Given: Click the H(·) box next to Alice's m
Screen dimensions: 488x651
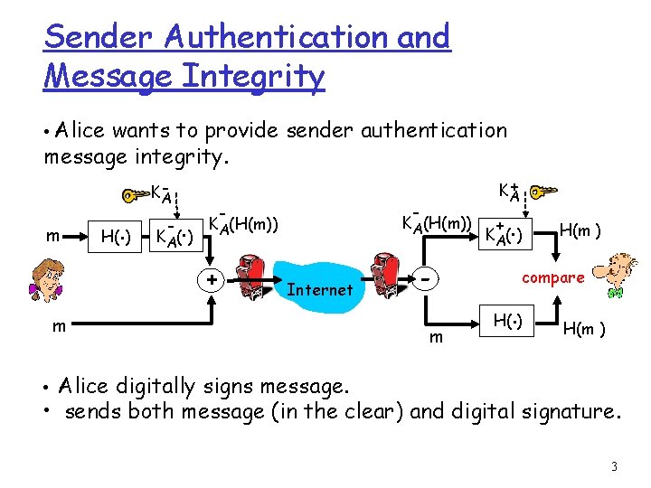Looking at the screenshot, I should pos(114,237).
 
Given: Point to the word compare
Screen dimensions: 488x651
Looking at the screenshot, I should pos(552,277).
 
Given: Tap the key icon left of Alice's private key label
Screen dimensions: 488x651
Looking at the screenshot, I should pos(135,193).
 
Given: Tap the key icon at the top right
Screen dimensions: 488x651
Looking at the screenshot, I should pos(545,192).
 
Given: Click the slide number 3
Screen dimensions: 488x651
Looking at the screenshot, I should pos(614,466).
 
